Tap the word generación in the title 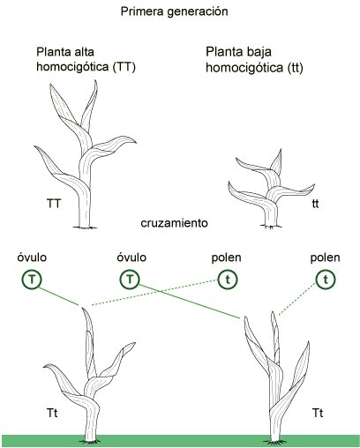(x=198, y=12)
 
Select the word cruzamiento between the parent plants (x=174, y=223)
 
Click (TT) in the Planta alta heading (x=124, y=67)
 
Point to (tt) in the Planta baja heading (x=295, y=68)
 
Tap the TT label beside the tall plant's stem (x=54, y=204)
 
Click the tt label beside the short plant (x=315, y=204)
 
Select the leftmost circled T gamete (x=32, y=280)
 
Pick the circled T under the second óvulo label (x=130, y=279)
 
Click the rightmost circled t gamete (x=326, y=280)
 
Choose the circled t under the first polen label (x=228, y=280)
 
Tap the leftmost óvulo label (x=32, y=258)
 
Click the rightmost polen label (x=326, y=258)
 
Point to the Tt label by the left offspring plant (x=52, y=413)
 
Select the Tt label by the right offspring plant (x=318, y=413)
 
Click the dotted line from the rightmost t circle (x=297, y=300)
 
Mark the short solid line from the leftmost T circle (x=59, y=296)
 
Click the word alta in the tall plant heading (x=82, y=52)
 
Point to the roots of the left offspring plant (x=89, y=441)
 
